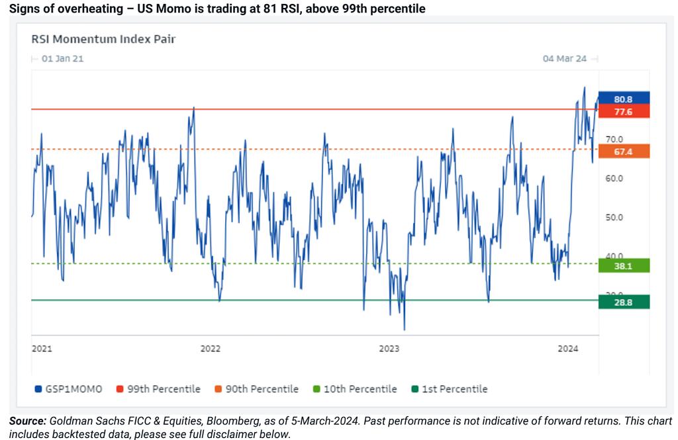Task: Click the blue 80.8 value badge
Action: pos(623,99)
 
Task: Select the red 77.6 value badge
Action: pos(623,112)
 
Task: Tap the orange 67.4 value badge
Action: pos(623,152)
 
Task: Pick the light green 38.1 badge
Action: pos(623,265)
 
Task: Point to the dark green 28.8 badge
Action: pos(623,302)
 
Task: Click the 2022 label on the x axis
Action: pos(210,348)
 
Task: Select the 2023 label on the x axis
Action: pos(389,348)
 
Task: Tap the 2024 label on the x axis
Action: pos(567,348)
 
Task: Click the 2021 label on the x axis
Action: pos(42,348)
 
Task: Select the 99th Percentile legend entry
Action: pos(158,389)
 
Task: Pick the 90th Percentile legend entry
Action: pos(256,389)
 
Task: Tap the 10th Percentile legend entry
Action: pos(355,389)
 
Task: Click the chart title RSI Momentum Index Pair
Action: pos(103,39)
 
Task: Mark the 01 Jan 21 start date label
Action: pos(62,59)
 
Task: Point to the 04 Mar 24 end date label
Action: pos(565,59)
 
